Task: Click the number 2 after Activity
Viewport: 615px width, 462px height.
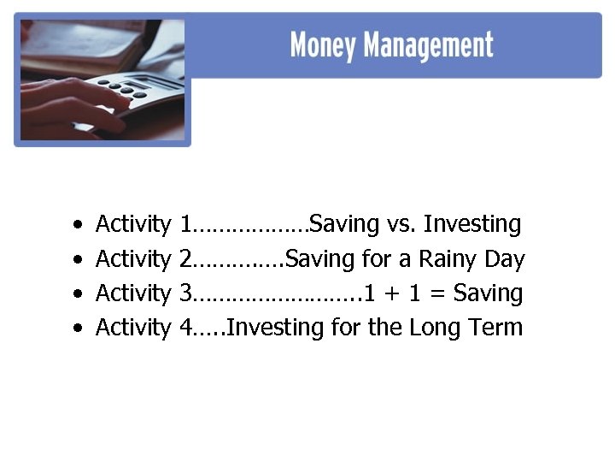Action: pyautogui.click(x=185, y=259)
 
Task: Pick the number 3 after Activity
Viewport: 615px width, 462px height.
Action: pyautogui.click(x=185, y=293)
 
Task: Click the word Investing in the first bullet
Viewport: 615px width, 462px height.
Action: pyautogui.click(x=471, y=225)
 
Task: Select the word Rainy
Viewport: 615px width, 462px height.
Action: pyautogui.click(x=448, y=259)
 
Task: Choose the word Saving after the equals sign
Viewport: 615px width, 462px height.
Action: pyautogui.click(x=488, y=293)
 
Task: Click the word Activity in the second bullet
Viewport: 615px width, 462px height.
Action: pyautogui.click(x=133, y=259)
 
